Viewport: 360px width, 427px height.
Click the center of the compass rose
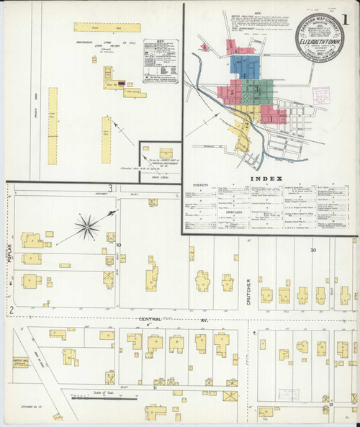[87, 229]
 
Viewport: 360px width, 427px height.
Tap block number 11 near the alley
[154, 387]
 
